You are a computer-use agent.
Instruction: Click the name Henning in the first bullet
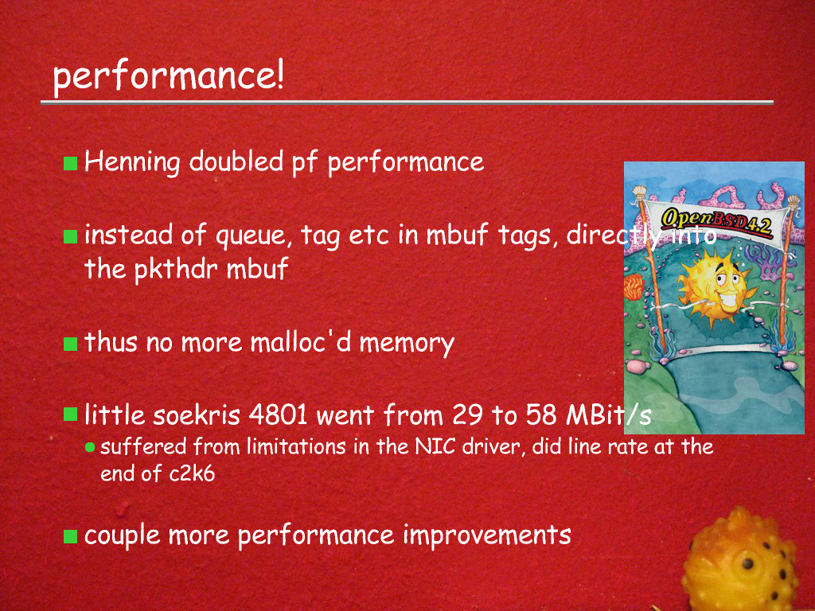coord(132,162)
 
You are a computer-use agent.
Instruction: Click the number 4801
coord(278,414)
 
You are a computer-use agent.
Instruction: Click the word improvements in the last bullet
coord(487,535)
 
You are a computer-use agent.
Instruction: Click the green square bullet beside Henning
coord(70,163)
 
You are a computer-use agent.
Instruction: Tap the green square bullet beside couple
coord(70,536)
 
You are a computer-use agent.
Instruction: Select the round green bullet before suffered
coord(90,447)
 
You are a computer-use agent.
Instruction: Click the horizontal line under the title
coord(407,103)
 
